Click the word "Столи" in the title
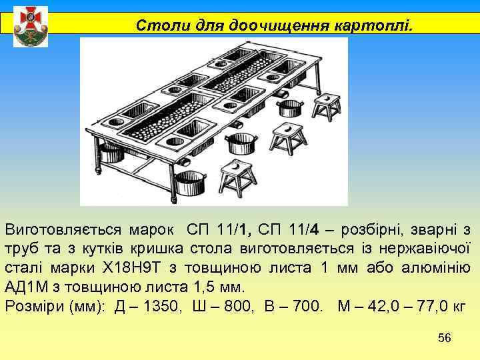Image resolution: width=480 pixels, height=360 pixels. pyautogui.click(x=155, y=26)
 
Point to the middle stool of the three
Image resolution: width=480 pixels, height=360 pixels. pyautogui.click(x=289, y=137)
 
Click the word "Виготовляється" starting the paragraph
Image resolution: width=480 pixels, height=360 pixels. pyautogui.click(x=63, y=231)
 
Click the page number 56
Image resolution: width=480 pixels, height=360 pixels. pyautogui.click(x=445, y=339)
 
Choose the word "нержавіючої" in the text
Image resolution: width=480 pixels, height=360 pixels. pyautogui.click(x=426, y=250)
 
